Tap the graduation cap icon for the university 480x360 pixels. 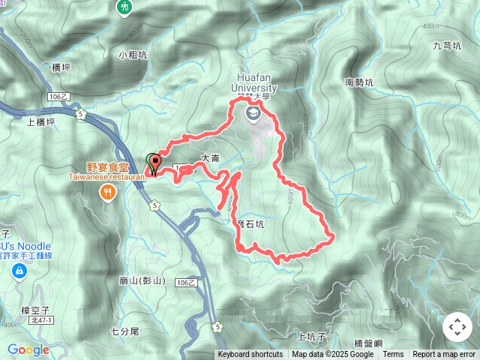(252, 112)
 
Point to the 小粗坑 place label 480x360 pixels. (132, 55)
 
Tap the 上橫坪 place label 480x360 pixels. (40, 122)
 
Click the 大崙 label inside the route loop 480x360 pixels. (210, 158)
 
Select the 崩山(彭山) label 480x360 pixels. (142, 281)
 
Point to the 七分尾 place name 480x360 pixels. (125, 331)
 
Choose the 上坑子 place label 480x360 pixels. (310, 337)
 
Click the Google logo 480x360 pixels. (28, 349)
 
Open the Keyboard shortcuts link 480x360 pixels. (250, 355)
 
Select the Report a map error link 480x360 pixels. (444, 355)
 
